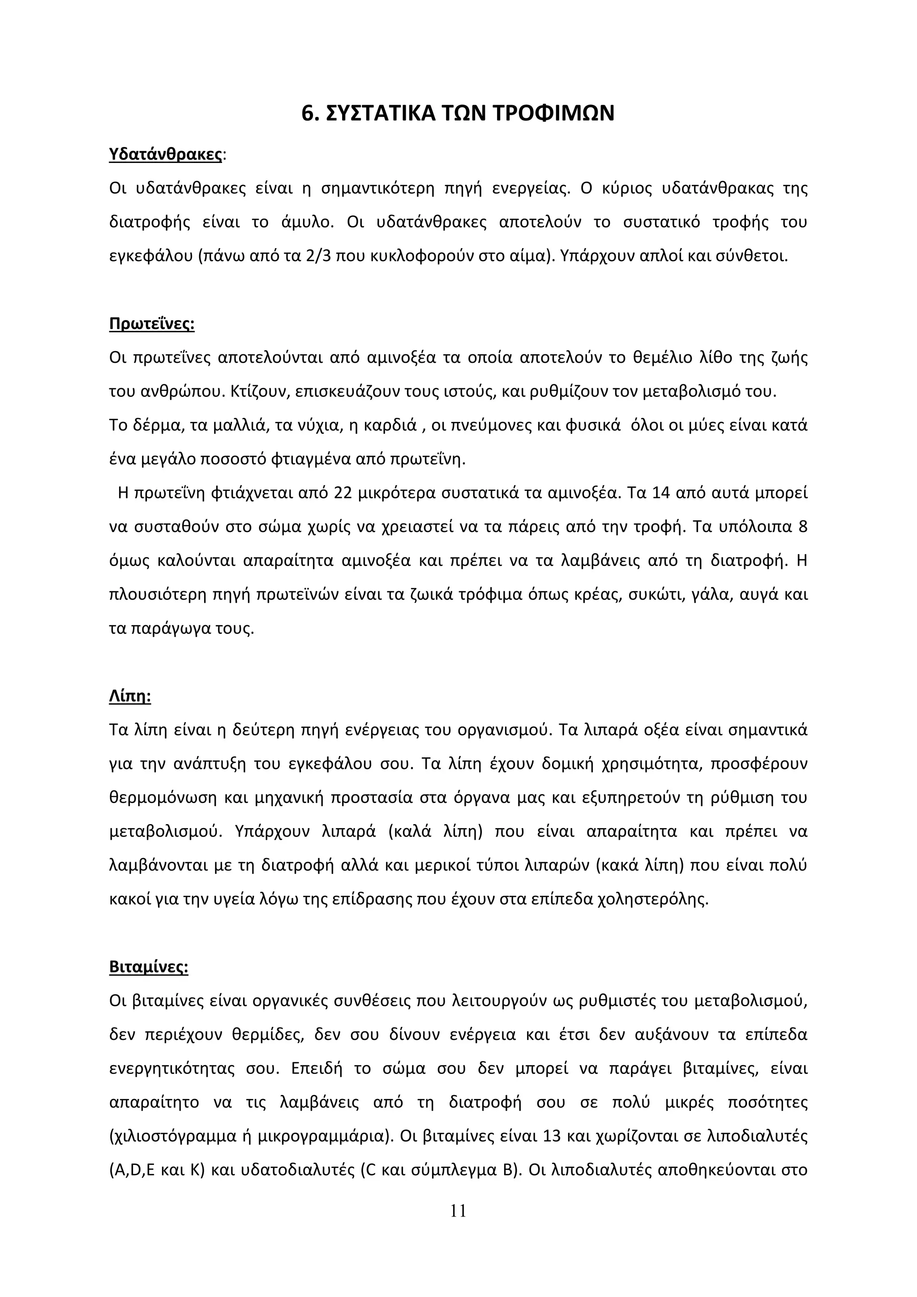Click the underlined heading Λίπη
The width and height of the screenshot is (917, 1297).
pyautogui.click(x=129, y=696)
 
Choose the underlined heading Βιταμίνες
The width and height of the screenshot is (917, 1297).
pyautogui.click(x=148, y=966)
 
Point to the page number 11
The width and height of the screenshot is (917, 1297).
pyautogui.click(x=458, y=1226)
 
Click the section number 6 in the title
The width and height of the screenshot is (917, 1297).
pyautogui.click(x=308, y=114)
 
